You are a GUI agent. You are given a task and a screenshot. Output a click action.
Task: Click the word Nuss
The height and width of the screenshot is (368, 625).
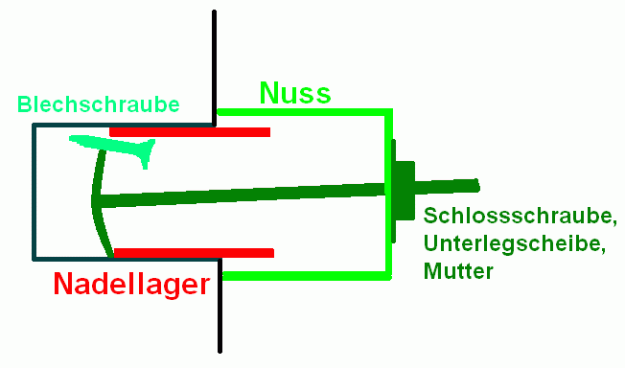pos(295,93)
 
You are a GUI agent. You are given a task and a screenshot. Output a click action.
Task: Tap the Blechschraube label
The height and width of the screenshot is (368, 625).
pos(99,104)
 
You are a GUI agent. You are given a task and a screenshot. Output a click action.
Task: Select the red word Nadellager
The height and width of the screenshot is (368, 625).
pos(131,285)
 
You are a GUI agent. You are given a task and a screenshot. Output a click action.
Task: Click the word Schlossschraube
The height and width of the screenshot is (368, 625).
pos(520,216)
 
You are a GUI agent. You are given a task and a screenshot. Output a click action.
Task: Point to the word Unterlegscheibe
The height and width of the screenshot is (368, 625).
pos(515,243)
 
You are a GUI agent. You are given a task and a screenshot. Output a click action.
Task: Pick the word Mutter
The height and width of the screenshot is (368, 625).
pos(458,271)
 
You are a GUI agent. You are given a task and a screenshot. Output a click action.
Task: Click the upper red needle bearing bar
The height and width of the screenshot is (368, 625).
pos(190,132)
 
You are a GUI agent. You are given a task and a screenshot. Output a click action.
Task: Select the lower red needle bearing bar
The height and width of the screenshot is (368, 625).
pos(194,253)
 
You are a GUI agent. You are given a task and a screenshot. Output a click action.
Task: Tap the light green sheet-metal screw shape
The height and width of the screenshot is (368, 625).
pos(116,147)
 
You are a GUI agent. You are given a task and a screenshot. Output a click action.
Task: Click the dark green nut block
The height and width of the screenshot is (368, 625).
pos(405,190)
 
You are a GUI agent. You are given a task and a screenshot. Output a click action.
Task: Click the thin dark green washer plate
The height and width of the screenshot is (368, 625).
pos(393,191)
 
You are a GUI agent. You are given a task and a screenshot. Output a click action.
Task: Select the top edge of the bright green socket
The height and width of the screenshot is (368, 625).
pos(305,112)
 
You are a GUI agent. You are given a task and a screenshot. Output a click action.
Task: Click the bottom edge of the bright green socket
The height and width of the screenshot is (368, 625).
pos(307,276)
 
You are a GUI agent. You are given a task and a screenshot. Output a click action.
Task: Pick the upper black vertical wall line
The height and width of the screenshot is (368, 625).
pos(214,68)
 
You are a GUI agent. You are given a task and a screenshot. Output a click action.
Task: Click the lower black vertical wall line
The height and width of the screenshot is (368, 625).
pos(220,306)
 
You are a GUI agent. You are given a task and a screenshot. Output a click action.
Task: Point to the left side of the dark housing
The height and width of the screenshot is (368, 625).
pos(35,193)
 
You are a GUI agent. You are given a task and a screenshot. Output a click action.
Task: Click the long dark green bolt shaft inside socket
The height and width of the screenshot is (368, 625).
pos(242,195)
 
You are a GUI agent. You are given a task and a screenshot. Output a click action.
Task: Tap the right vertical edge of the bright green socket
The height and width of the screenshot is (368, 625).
pos(388,195)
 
